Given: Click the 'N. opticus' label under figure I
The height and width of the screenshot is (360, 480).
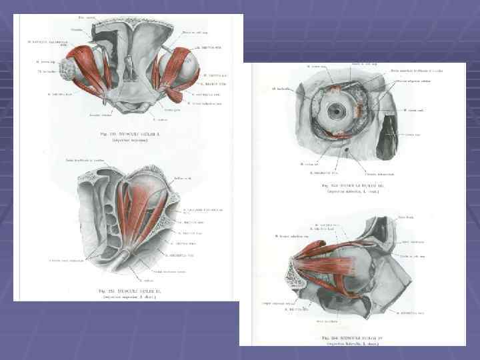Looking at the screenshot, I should point(159,120).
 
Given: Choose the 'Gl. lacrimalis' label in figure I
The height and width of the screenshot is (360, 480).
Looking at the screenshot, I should point(47,72).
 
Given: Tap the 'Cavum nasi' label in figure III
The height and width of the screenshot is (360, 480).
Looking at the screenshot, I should point(413,135).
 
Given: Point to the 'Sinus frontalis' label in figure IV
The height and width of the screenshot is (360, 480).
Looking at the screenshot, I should point(406,217).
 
